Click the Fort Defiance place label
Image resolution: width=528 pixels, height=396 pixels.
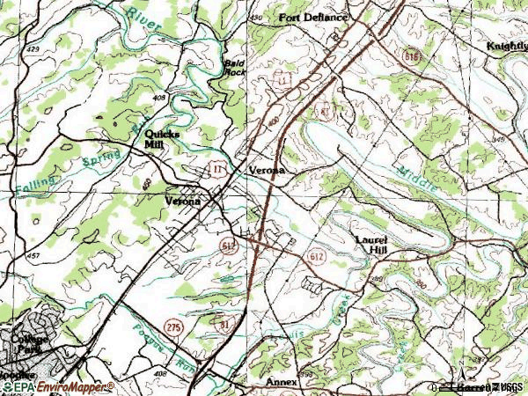(x=313, y=18)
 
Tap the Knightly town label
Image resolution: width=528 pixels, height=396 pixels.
(x=506, y=46)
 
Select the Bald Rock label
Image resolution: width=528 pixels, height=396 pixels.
(x=233, y=68)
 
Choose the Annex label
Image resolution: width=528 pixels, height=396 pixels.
(x=282, y=383)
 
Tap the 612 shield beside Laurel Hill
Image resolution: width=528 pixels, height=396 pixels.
(x=318, y=255)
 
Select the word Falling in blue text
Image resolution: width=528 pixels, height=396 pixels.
(x=34, y=185)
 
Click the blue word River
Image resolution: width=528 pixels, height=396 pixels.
(x=142, y=19)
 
